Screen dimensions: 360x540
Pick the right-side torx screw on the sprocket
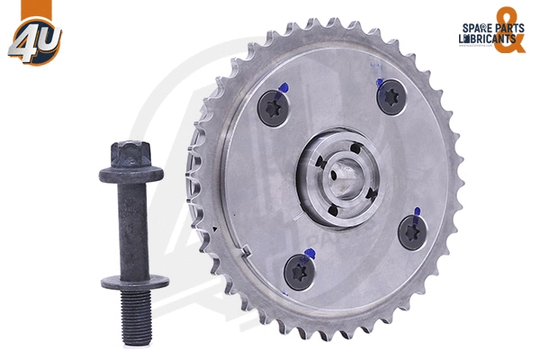point(413,233)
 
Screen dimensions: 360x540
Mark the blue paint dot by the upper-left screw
point(284,87)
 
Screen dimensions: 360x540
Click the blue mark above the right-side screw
point(416,211)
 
